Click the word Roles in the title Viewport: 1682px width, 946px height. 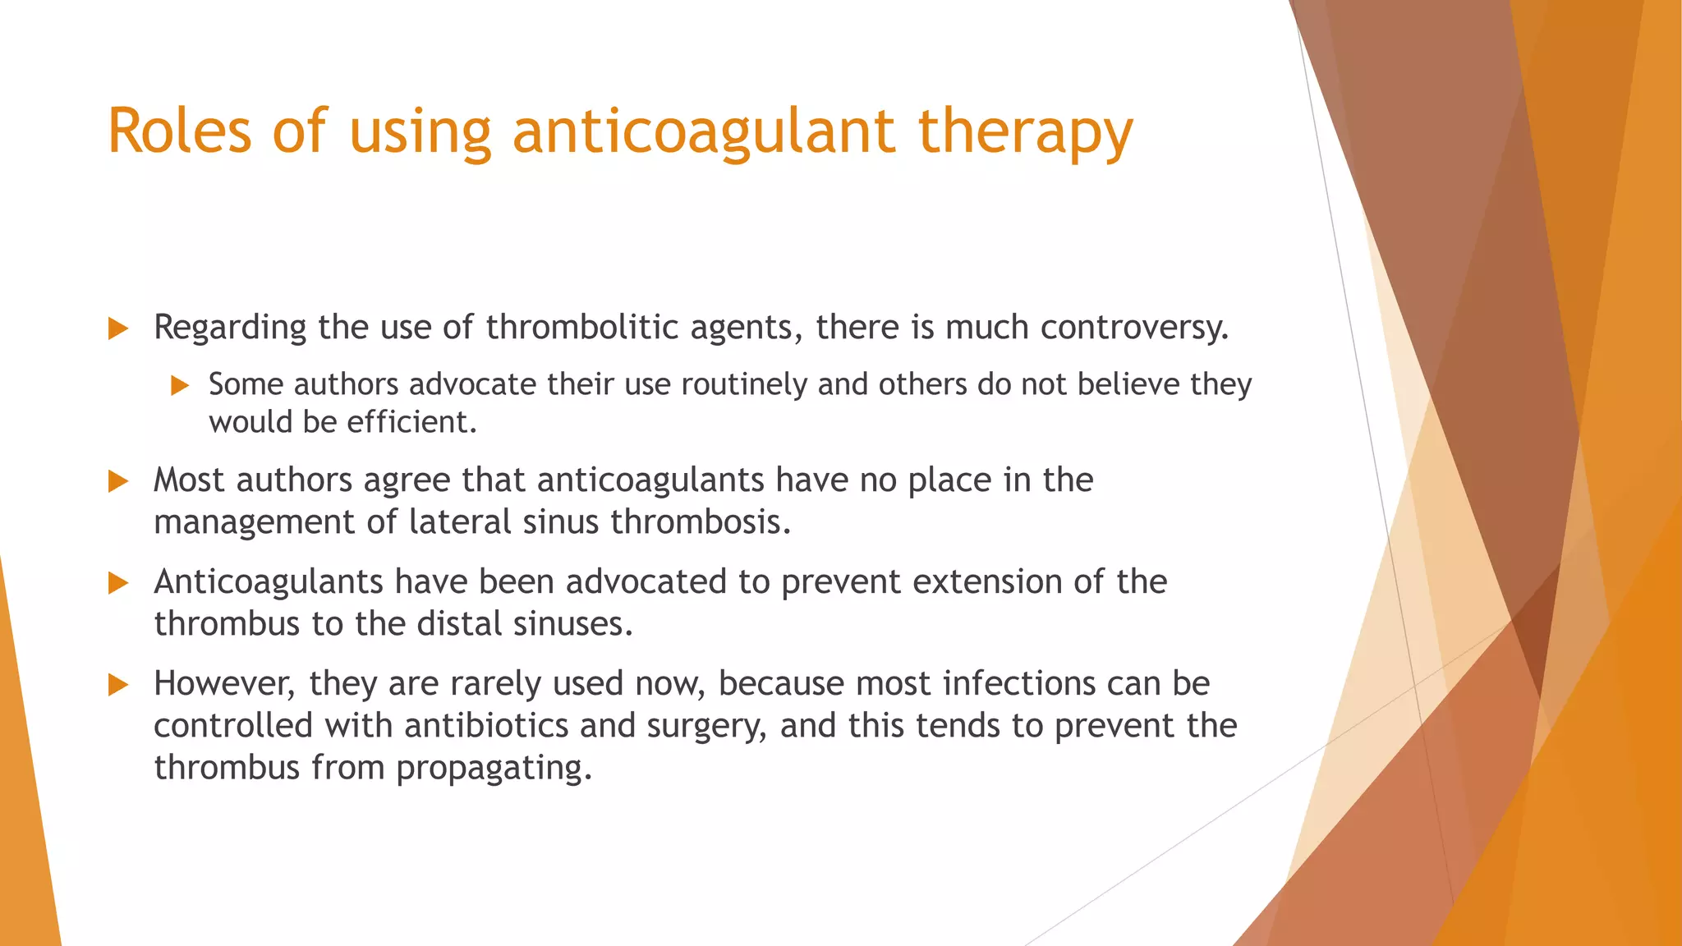[179, 131]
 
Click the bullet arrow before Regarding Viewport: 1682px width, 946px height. [118, 328]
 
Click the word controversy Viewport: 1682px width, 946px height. [1133, 327]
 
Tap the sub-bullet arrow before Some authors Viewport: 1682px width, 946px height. [180, 385]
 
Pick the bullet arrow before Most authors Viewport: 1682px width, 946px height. [118, 481]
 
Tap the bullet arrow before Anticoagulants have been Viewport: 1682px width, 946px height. [118, 583]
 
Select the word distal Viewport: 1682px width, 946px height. [459, 624]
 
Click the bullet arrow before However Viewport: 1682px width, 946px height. [118, 685]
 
